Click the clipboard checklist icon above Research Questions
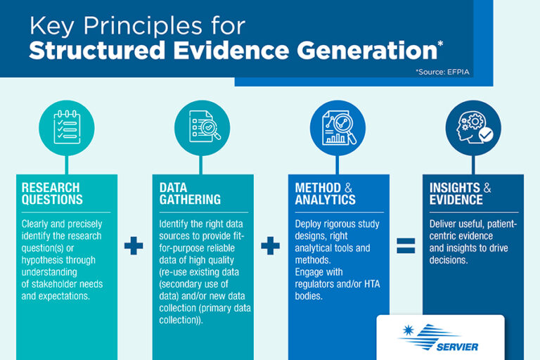(67, 127)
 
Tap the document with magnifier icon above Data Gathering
(205, 127)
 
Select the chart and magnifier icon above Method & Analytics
(339, 128)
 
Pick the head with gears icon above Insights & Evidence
(475, 127)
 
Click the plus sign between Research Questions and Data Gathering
(134, 245)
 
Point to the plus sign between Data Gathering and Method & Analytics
(270, 245)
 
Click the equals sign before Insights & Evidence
(406, 245)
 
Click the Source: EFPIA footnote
(442, 72)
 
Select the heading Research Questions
(52, 193)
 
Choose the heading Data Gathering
(190, 193)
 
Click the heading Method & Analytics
(325, 193)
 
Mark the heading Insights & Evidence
(460, 193)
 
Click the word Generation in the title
(367, 51)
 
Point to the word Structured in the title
(97, 51)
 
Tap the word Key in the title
(51, 27)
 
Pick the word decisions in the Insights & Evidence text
(449, 260)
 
